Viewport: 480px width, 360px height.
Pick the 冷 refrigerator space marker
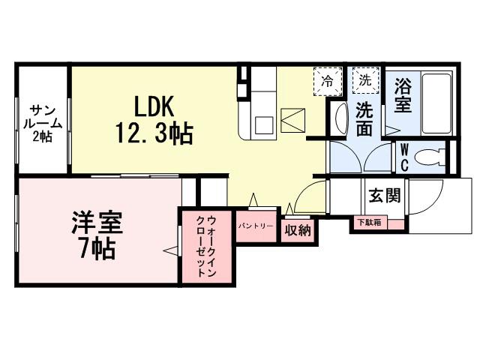tap(327, 79)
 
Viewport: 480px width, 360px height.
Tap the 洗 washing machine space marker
tap(364, 79)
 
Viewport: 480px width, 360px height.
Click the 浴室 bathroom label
tap(403, 95)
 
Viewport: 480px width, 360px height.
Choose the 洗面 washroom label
tap(364, 118)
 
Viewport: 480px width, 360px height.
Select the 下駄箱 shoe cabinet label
tap(369, 223)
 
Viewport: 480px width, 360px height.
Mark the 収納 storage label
tap(298, 230)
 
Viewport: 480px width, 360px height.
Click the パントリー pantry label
tap(255, 226)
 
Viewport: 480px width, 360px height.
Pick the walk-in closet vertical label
tap(205, 247)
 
